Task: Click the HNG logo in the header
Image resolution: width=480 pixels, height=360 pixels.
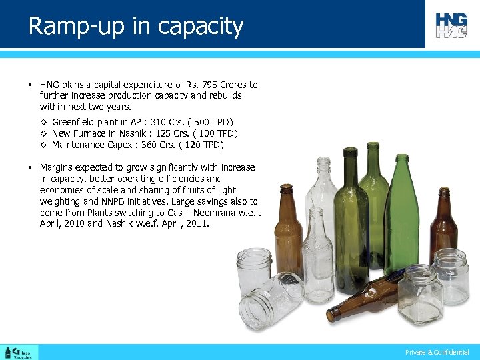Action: pyautogui.click(x=451, y=25)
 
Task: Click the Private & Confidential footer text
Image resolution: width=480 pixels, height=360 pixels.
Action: pyautogui.click(x=437, y=352)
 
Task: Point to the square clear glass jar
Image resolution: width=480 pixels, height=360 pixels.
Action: pyautogui.click(x=420, y=293)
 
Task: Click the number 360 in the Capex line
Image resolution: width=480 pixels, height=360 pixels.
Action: pyautogui.click(x=150, y=145)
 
